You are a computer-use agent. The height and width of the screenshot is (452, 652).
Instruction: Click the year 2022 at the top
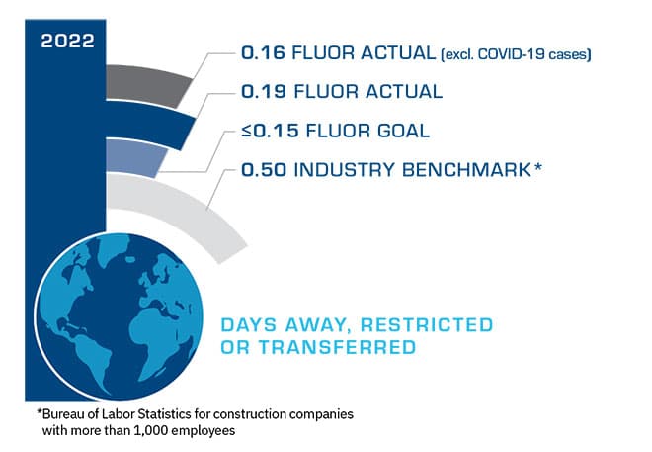(x=68, y=41)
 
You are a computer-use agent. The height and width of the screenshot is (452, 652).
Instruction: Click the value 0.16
(x=262, y=52)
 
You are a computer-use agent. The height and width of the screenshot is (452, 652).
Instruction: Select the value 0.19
(x=262, y=92)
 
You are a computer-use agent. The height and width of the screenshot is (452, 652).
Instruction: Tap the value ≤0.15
(x=265, y=131)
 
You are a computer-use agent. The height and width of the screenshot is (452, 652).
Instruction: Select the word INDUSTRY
(x=341, y=170)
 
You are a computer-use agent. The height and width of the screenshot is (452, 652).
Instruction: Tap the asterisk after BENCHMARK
(x=538, y=167)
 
